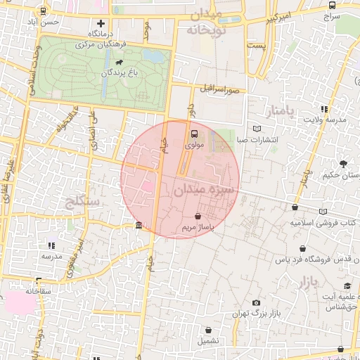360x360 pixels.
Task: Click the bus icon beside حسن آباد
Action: coord(44,11)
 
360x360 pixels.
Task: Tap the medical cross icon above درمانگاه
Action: coord(101,24)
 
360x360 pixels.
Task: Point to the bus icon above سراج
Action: coord(331,5)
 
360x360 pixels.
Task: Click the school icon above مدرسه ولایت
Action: coord(324,109)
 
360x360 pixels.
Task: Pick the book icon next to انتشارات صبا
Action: coord(257,129)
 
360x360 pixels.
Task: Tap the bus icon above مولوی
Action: coord(194,133)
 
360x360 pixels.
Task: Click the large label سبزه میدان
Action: coord(204,190)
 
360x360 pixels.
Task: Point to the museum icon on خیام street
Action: coord(138,226)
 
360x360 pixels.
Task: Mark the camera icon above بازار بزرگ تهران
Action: coord(256,302)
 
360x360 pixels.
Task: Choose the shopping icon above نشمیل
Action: coord(209,330)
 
